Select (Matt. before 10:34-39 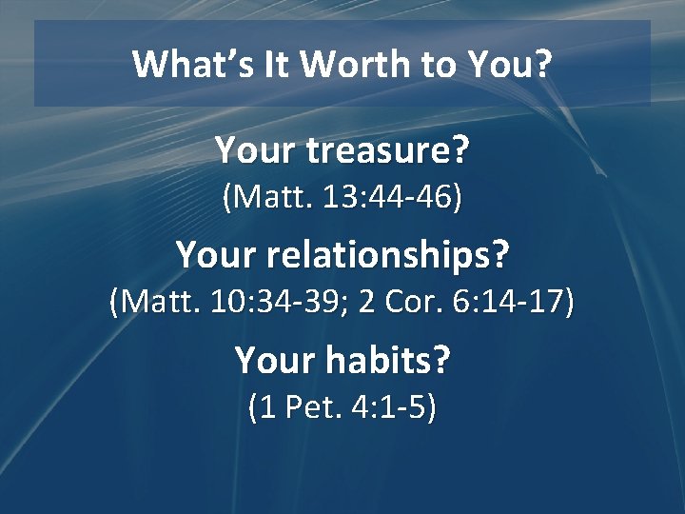(x=152, y=303)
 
